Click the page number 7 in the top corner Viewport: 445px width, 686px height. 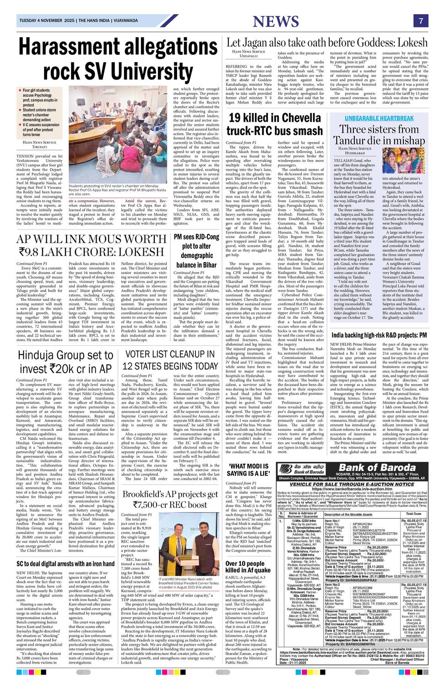point(421,21)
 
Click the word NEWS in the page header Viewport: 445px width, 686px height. point(275,21)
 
